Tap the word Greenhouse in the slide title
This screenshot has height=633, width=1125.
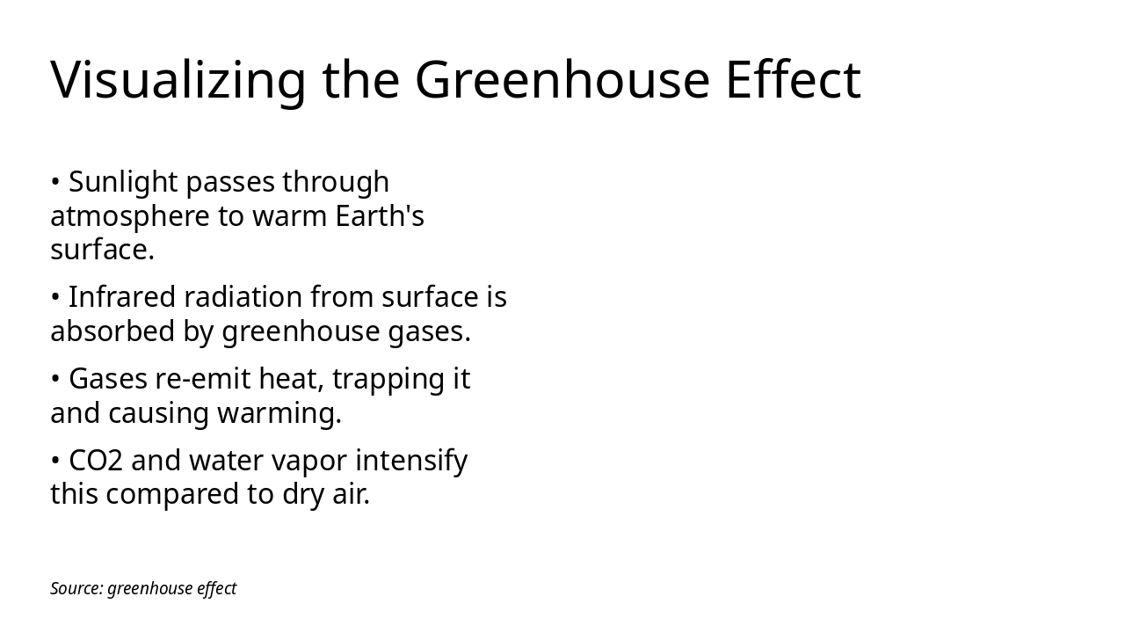coord(562,80)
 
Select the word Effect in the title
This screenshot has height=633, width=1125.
coord(793,80)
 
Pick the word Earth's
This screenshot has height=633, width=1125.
coord(380,216)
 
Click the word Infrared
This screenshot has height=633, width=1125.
coord(121,297)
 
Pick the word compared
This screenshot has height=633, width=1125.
coord(164,495)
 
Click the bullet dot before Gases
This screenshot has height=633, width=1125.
coord(55,380)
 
